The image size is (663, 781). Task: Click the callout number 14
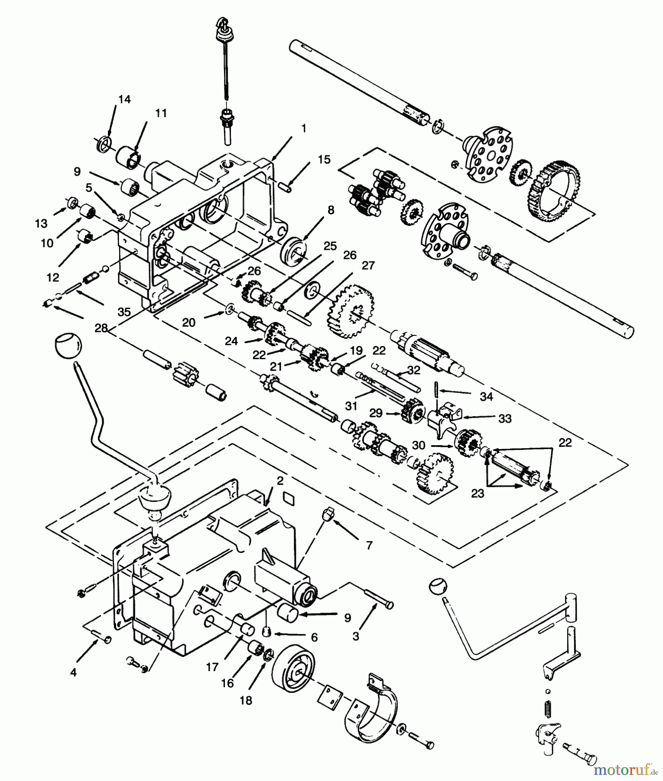[124, 99]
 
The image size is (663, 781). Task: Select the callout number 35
[124, 312]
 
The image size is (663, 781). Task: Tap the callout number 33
[504, 418]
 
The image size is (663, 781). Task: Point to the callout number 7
[369, 545]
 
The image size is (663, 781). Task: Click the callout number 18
[246, 700]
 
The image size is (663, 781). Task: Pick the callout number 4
[73, 673]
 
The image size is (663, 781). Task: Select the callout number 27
[368, 266]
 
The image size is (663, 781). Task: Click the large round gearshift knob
[68, 346]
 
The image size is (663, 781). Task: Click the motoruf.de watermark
[624, 770]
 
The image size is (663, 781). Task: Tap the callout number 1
[303, 128]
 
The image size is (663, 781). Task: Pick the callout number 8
[331, 211]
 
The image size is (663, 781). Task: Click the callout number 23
[478, 494]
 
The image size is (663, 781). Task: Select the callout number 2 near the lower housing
[280, 480]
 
